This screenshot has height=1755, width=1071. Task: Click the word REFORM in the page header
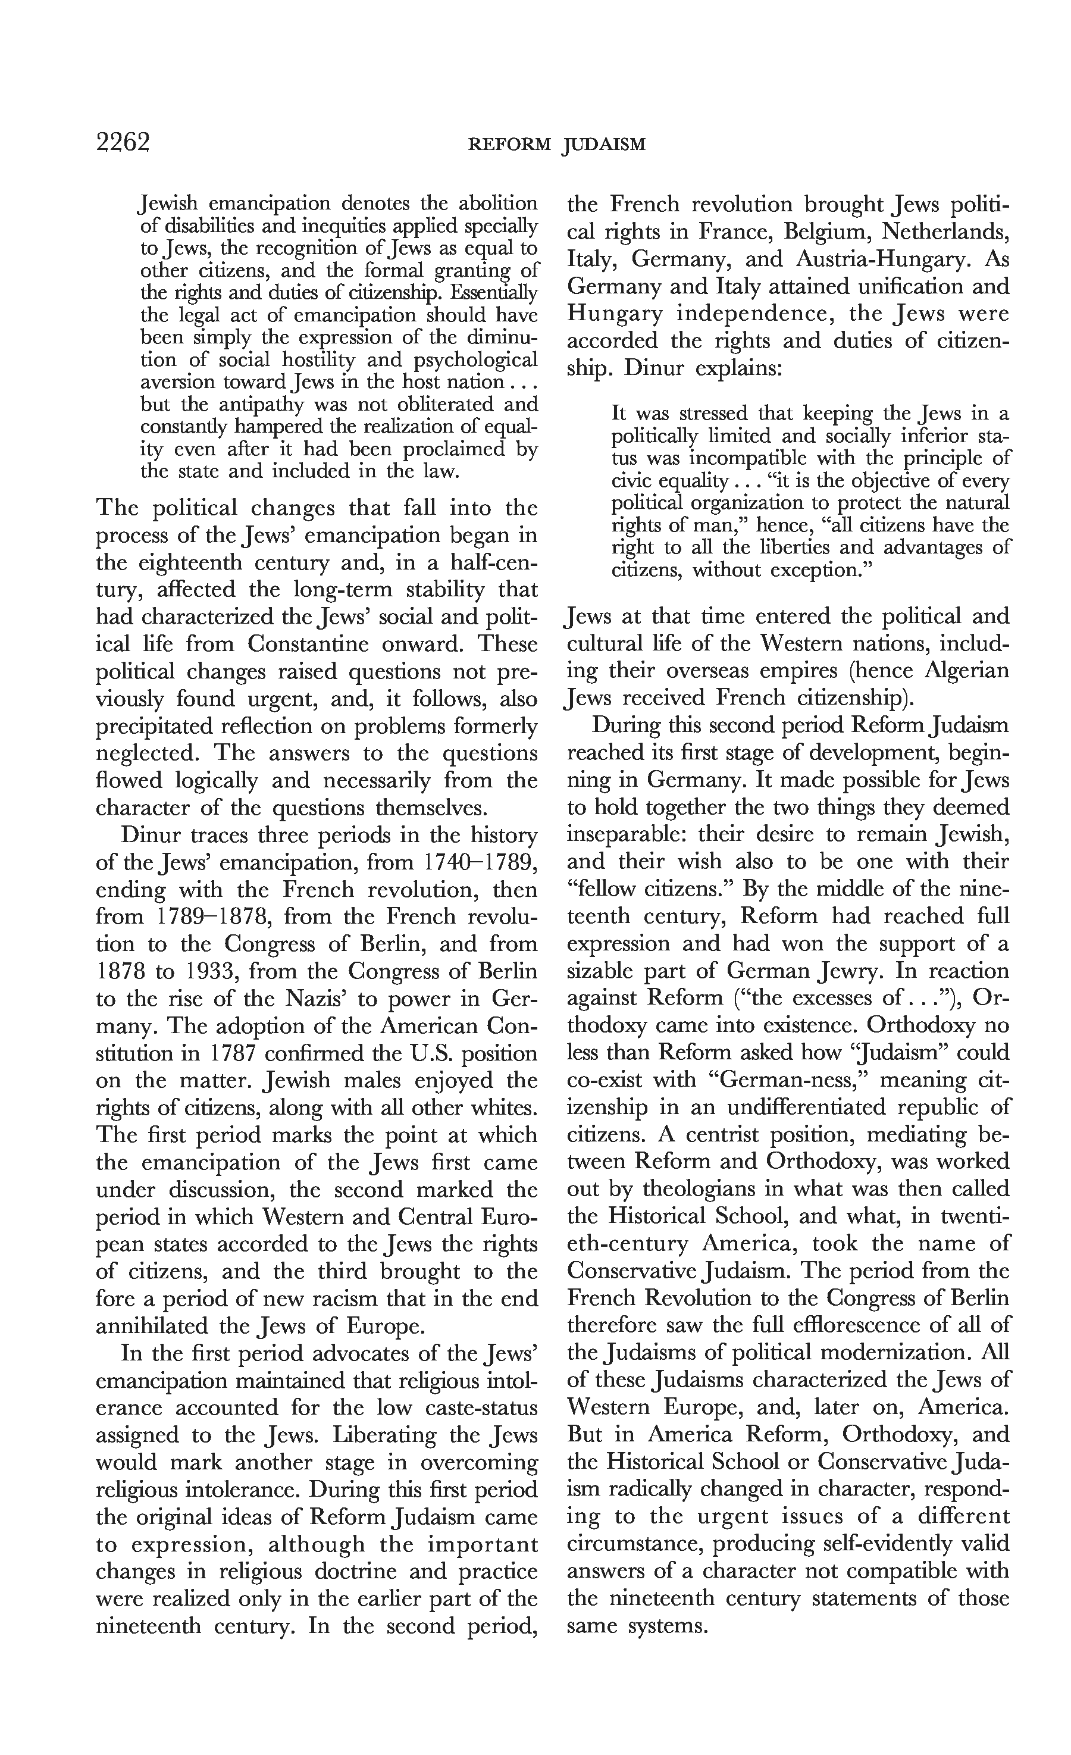click(x=509, y=145)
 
